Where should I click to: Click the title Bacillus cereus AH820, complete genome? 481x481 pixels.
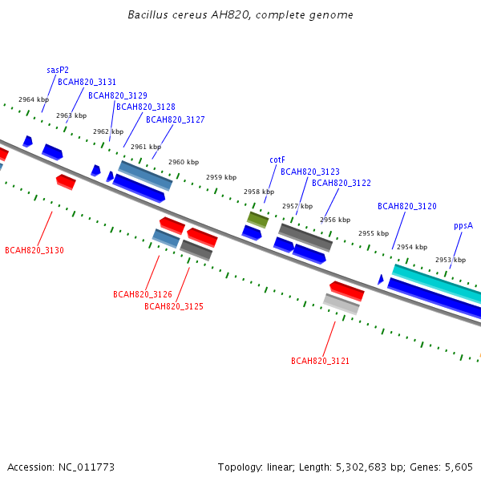click(240, 15)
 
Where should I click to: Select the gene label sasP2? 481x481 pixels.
click(58, 71)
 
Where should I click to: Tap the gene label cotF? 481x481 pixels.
click(277, 160)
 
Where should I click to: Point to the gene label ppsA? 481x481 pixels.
click(463, 226)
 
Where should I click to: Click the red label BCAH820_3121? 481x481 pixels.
click(320, 361)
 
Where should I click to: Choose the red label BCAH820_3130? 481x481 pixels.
click(34, 250)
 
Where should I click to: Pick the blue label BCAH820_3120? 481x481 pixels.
click(407, 206)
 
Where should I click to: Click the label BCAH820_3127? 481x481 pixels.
click(175, 119)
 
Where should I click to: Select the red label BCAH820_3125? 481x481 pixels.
click(174, 306)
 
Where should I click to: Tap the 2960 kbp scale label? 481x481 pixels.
click(184, 162)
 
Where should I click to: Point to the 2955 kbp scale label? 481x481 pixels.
click(374, 233)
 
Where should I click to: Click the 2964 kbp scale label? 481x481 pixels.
click(34, 99)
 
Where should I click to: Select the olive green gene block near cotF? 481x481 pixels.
click(257, 220)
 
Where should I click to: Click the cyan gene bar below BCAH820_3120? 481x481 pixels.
click(437, 284)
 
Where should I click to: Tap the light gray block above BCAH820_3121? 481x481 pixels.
click(342, 305)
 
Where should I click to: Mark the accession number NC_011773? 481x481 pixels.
click(87, 467)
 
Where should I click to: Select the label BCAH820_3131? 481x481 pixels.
click(87, 83)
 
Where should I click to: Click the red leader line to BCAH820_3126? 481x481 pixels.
click(152, 273)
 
